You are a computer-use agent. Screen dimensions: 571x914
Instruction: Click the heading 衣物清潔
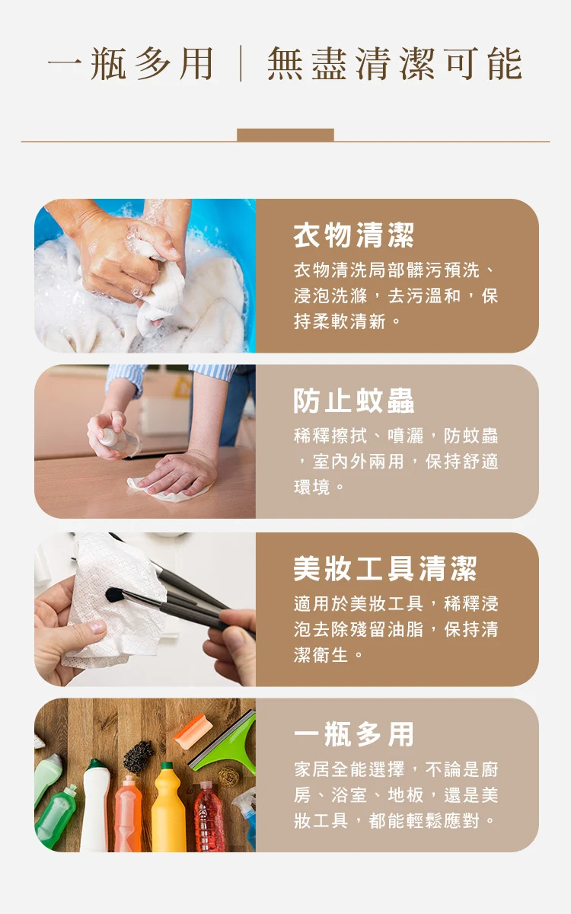[353, 235]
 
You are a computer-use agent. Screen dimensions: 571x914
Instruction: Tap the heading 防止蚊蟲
[353, 401]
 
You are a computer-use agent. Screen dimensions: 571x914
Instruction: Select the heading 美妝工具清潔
[385, 568]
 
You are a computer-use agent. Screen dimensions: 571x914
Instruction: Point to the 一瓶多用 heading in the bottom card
[353, 734]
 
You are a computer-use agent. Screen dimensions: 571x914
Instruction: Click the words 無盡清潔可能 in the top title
[394, 64]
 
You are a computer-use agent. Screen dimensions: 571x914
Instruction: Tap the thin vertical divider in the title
[241, 64]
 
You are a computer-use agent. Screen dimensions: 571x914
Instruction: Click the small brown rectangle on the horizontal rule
[285, 135]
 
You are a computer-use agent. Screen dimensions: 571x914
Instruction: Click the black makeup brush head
[116, 595]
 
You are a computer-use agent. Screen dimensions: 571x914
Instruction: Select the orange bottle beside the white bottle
[128, 814]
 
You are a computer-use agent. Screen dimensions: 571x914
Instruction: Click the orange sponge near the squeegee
[193, 732]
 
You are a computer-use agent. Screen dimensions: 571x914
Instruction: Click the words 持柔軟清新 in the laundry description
[340, 321]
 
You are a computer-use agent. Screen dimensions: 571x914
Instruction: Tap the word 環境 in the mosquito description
[311, 487]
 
